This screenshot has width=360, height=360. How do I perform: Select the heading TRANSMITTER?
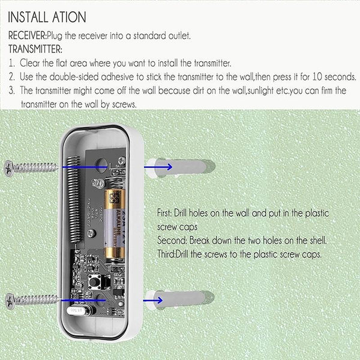(x=35, y=49)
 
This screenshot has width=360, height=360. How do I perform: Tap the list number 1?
(x=11, y=62)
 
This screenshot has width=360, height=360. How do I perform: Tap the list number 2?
(x=11, y=77)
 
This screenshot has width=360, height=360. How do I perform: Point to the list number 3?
(x=11, y=91)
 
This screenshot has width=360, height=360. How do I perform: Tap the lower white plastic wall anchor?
(x=180, y=298)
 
